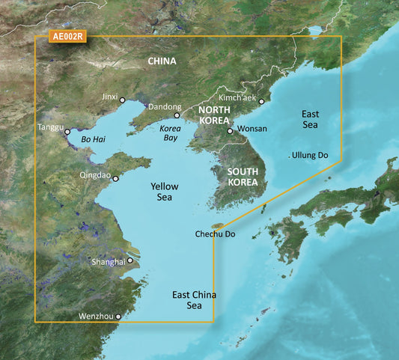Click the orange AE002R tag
click(x=67, y=36)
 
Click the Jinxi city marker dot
click(x=122, y=99)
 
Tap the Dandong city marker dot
click(x=177, y=115)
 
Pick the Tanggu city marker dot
click(x=67, y=132)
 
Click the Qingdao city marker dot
click(x=115, y=178)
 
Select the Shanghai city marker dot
click(x=130, y=261)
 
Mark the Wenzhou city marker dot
click(x=118, y=317)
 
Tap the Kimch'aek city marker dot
click(x=261, y=101)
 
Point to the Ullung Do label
click(x=311, y=156)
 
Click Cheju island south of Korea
click(x=219, y=224)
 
